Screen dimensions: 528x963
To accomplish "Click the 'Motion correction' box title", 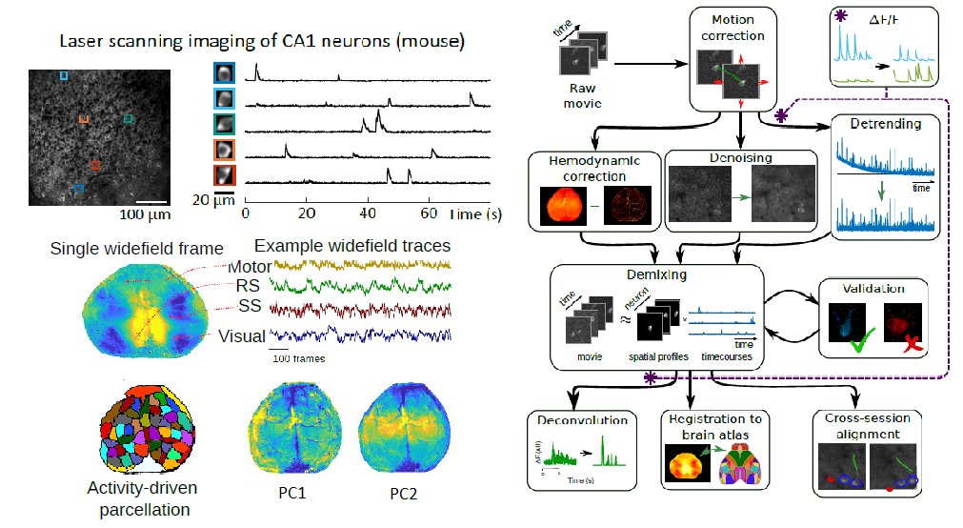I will (738, 28).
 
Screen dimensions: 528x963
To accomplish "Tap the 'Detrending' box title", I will (885, 124).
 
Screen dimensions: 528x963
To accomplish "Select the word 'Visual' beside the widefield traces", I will (241, 335).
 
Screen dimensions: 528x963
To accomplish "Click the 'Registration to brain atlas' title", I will (708, 426).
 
